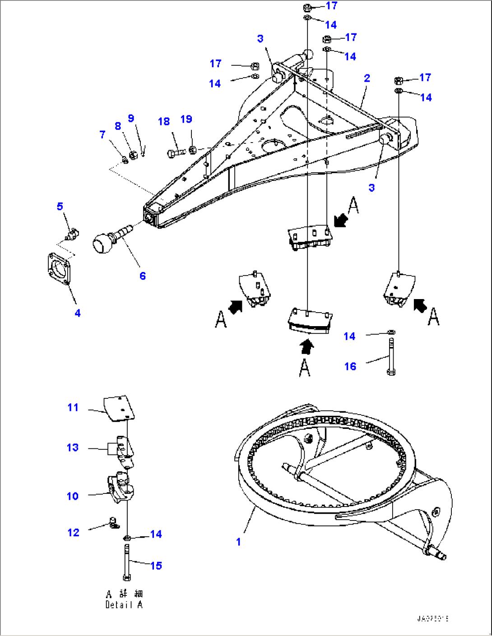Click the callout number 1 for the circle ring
(x=238, y=542)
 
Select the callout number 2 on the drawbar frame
(x=367, y=78)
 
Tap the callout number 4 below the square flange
(x=78, y=313)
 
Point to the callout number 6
(x=143, y=276)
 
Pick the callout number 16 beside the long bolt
(x=350, y=366)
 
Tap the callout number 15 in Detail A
(x=156, y=566)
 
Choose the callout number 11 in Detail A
(x=73, y=407)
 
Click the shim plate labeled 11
(x=120, y=409)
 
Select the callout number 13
(x=73, y=447)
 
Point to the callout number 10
(x=73, y=496)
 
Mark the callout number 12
(x=73, y=533)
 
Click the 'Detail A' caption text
(x=124, y=604)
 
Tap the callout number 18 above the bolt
(x=164, y=121)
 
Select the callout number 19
(x=186, y=119)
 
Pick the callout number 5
(x=60, y=206)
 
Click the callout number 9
(x=131, y=118)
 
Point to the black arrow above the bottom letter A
(x=307, y=347)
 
